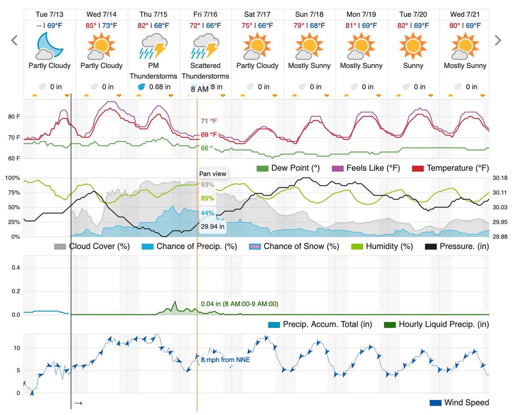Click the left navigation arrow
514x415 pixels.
point(14,41)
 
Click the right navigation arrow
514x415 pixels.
point(498,41)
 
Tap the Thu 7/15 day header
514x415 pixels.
point(154,15)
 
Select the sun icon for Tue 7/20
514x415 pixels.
point(413,45)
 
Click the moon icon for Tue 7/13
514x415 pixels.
point(50,45)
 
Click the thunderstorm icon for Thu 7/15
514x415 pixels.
point(153,46)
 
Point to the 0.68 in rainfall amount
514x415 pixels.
point(159,87)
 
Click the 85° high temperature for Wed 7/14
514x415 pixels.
point(91,26)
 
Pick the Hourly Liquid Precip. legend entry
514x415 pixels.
point(437,324)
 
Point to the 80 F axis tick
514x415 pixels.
point(14,117)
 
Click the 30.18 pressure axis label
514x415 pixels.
point(500,178)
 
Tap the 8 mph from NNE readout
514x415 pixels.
point(225,360)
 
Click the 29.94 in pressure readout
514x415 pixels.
point(212,227)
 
